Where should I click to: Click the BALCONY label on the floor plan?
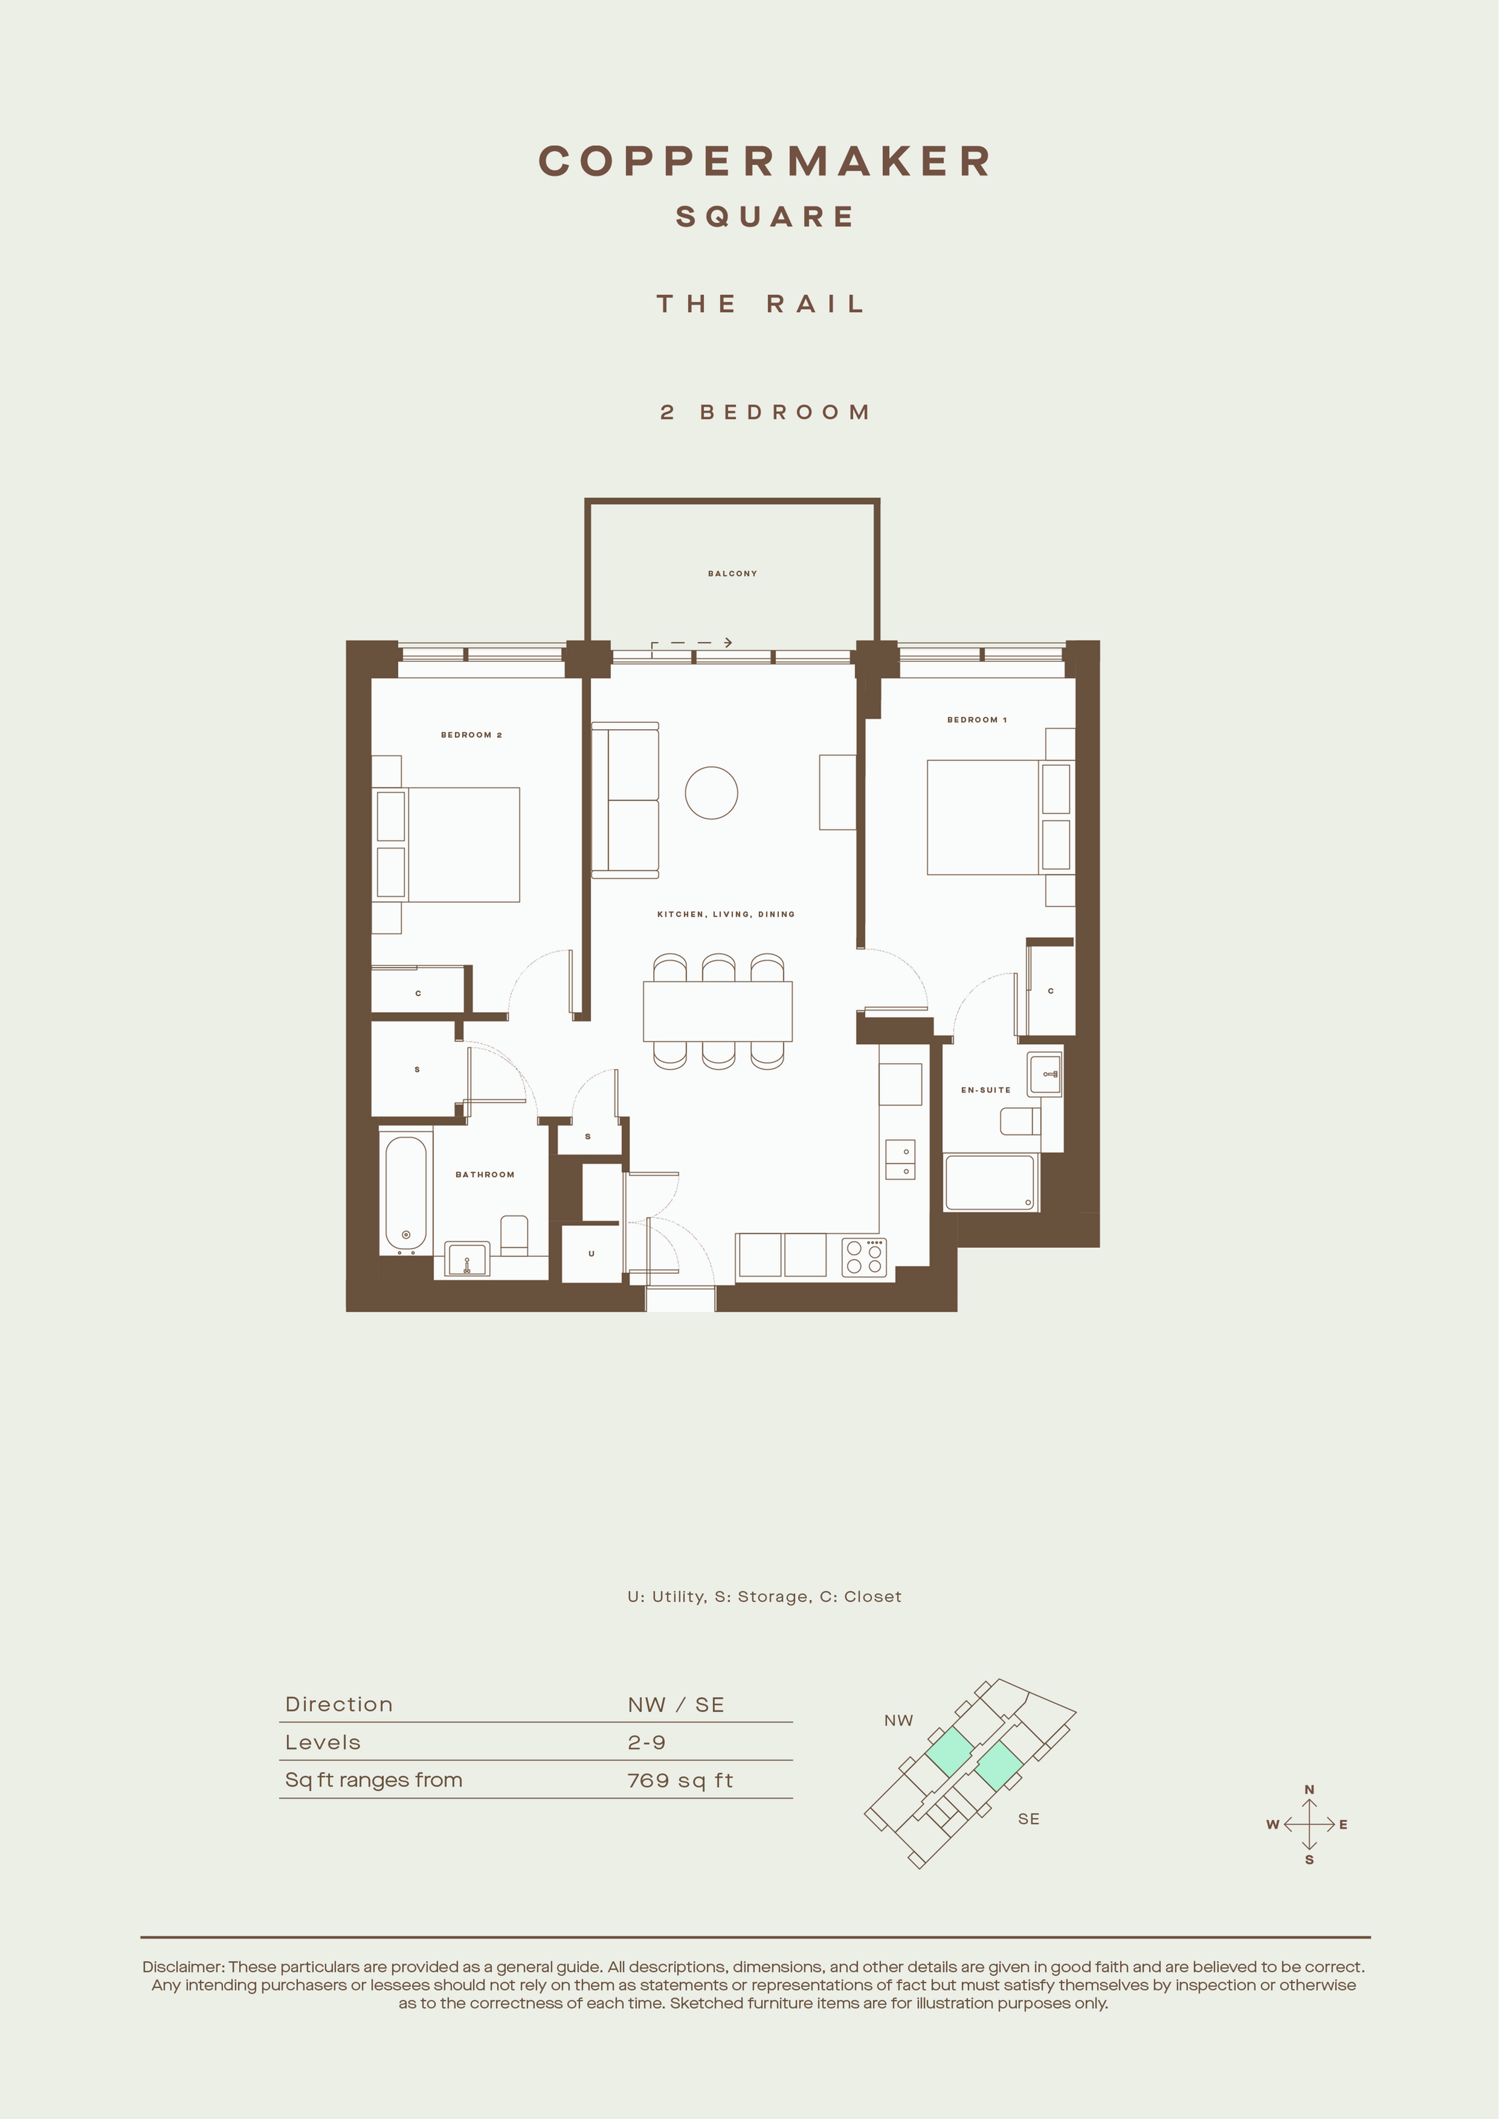coord(732,573)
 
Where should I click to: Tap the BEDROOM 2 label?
coord(471,735)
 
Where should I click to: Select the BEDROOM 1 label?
coord(976,719)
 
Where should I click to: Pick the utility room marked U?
coord(592,1253)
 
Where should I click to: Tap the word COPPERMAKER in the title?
coord(765,161)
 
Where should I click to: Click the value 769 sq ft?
coord(680,1780)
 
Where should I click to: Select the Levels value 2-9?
coord(646,1743)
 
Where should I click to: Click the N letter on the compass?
coord(1309,1790)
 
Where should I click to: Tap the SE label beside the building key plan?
coord(1028,1819)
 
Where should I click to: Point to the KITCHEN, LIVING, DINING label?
coord(726,914)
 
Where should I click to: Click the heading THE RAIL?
coord(761,304)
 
